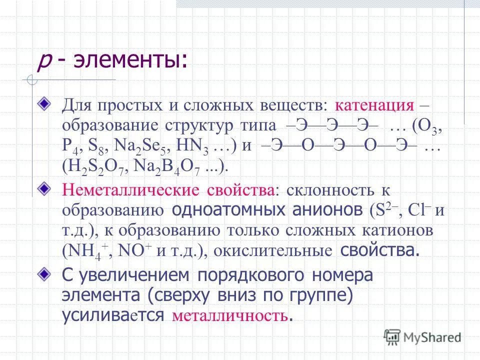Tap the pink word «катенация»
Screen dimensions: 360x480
click(374, 105)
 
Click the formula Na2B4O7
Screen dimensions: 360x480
click(168, 166)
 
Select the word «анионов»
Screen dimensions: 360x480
click(322, 210)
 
